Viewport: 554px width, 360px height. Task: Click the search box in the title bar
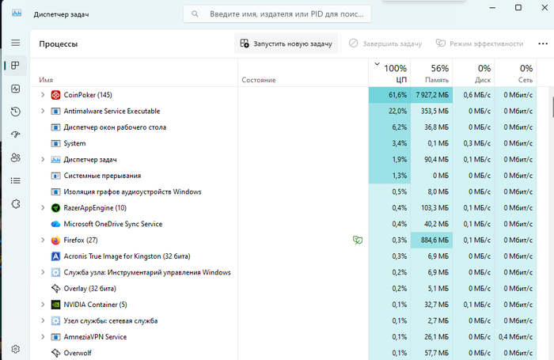(x=277, y=14)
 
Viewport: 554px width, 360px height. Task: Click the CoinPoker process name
(x=88, y=95)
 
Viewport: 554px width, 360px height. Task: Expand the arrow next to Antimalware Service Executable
(x=43, y=111)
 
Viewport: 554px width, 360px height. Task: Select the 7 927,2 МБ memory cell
(x=432, y=95)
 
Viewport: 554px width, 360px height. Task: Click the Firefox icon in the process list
(x=55, y=241)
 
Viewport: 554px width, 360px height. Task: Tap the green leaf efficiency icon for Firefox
(x=358, y=241)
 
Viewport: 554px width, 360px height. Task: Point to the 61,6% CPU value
(x=397, y=95)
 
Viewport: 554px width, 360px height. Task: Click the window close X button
(x=545, y=7)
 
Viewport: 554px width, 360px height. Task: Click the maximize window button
(x=518, y=7)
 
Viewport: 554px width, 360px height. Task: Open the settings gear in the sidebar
(x=16, y=349)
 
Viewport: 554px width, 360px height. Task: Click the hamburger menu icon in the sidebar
(x=16, y=43)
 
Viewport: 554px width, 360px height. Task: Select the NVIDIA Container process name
(x=95, y=305)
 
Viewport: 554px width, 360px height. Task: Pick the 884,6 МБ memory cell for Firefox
(x=432, y=241)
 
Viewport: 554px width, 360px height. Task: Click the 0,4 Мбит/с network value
(x=515, y=337)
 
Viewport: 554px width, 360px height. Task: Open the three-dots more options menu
(x=543, y=44)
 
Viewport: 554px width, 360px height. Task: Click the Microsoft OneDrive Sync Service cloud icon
(x=55, y=224)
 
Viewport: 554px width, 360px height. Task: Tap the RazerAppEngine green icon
(x=55, y=208)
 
